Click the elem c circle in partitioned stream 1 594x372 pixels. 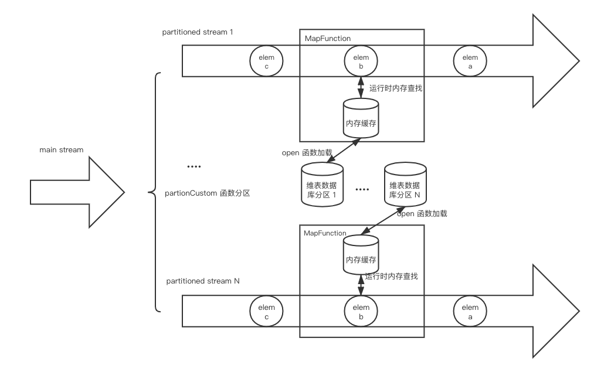click(266, 61)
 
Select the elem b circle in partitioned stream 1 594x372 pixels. click(361, 61)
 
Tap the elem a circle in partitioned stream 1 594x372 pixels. click(470, 61)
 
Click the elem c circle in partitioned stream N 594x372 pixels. click(266, 311)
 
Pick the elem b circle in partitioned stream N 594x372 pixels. click(361, 311)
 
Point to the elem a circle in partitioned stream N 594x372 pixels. click(470, 311)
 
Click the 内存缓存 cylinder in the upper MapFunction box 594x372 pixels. click(361, 118)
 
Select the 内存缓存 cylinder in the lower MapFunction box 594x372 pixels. click(361, 255)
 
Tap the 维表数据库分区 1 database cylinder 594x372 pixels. click(323, 185)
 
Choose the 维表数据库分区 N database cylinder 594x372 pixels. click(405, 185)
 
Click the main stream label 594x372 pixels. click(62, 150)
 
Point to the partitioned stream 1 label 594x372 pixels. click(198, 32)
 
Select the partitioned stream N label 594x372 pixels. click(203, 281)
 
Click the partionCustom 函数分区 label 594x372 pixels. click(207, 193)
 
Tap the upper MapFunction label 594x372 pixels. click(328, 38)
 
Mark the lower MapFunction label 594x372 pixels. click(325, 233)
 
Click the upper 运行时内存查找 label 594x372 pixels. click(396, 88)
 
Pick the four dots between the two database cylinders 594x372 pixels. click(362, 189)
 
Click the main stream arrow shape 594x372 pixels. click(77, 193)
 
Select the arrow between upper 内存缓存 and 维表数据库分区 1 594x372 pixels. click(344, 151)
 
